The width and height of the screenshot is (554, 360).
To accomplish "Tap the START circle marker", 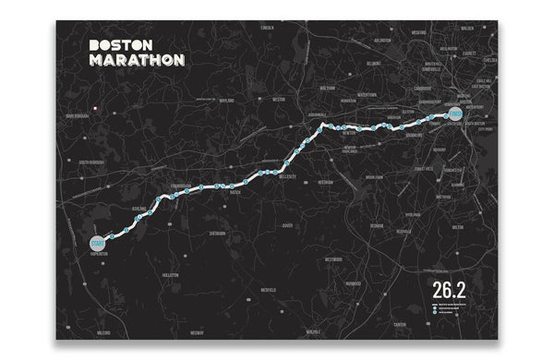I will point(99,242).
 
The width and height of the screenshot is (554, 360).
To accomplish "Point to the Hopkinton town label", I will point(99,254).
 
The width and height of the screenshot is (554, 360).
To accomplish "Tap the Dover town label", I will point(286,224).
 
